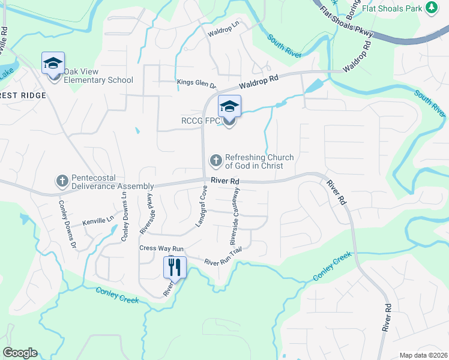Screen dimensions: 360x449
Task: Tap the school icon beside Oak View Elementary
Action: pos(53,63)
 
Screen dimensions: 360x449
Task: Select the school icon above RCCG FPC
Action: pos(229,107)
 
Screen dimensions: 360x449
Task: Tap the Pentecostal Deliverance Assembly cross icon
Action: pos(62,181)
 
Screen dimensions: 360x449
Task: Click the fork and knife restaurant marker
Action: pos(175,267)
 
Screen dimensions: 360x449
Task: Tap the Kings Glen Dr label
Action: pos(196,82)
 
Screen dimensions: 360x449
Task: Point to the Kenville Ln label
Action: pos(98,220)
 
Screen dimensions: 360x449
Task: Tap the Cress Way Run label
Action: pos(161,248)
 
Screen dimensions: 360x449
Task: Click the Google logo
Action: pos(20,353)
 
